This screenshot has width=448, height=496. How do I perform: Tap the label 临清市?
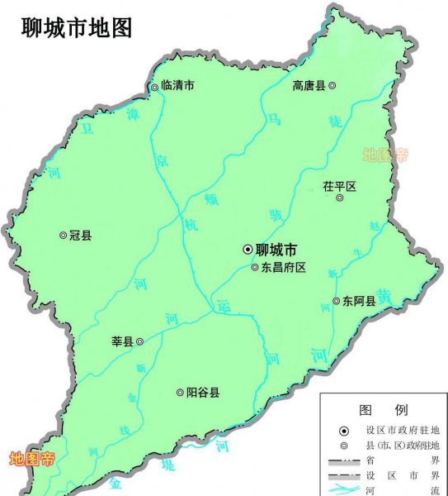coord(177,86)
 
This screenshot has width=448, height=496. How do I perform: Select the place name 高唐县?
coord(309,85)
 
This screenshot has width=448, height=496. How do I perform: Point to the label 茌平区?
coord(339,187)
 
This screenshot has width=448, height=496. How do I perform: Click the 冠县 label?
coord(81,236)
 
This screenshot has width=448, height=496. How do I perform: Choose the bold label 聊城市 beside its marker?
coord(277,249)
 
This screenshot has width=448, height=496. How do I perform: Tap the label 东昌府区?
coord(284,267)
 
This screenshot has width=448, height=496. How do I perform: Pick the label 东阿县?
coord(360,302)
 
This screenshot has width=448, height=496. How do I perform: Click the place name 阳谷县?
coord(202,393)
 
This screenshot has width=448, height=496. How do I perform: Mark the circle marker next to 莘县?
coord(139,341)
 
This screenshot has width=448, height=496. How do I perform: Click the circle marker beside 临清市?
coord(154,87)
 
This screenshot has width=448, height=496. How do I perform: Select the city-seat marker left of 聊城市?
coord(248,249)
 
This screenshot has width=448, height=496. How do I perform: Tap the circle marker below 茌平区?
coord(339,198)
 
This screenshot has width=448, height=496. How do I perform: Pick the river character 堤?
coord(172,465)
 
